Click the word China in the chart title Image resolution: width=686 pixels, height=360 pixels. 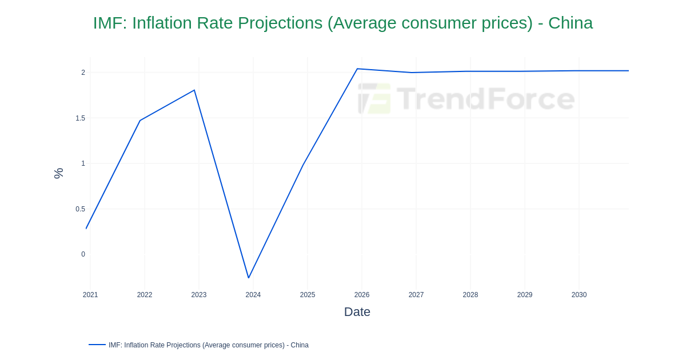click(x=570, y=23)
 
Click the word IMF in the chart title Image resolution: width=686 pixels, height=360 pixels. click(x=109, y=23)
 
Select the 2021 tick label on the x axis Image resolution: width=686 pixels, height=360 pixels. click(x=90, y=295)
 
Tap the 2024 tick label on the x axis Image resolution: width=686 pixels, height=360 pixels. click(x=253, y=295)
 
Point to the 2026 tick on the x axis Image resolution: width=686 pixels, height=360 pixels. click(x=362, y=295)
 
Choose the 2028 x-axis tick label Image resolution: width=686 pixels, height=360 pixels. click(x=470, y=295)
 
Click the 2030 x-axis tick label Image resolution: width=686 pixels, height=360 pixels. click(x=579, y=295)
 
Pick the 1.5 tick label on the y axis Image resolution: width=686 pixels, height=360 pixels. click(x=80, y=118)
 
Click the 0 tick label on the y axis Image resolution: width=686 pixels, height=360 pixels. click(x=83, y=254)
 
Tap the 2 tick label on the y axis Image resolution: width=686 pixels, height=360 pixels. click(x=83, y=73)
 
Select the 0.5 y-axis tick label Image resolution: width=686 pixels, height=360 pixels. click(x=80, y=209)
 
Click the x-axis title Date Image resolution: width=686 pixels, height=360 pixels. click(x=357, y=312)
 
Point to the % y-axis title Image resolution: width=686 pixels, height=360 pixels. click(x=58, y=173)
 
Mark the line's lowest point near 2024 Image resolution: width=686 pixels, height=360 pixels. click(x=249, y=278)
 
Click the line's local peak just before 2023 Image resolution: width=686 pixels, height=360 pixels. click(x=194, y=90)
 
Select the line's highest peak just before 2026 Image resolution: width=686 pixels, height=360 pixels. click(x=357, y=69)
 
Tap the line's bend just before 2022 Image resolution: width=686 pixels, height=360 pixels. click(x=140, y=120)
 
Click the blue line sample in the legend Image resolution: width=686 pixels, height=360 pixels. click(x=97, y=345)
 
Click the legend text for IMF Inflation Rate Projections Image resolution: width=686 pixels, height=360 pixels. click(x=209, y=345)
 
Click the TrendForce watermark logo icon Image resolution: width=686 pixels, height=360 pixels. click(x=374, y=99)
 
